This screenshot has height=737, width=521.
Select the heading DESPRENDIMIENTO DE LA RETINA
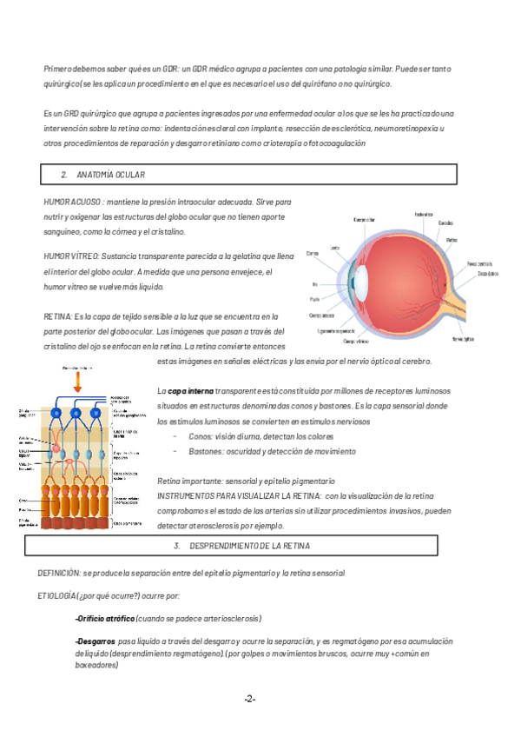tap(248, 546)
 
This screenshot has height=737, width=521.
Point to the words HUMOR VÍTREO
tap(71, 256)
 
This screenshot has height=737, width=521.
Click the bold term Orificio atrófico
tap(105, 619)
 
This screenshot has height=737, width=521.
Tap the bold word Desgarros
tap(96, 641)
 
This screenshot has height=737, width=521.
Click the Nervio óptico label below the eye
tap(464, 338)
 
